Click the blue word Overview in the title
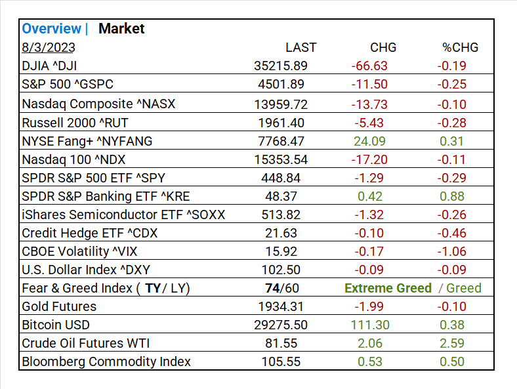pos(52,29)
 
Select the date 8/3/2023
pos(49,47)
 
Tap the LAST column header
pos(300,47)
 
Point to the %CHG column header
pos(460,47)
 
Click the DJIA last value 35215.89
pos(281,66)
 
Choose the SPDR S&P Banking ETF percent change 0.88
pos(453,196)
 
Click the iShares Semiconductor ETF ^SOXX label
pos(123,215)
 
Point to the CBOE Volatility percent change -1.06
pos(451,251)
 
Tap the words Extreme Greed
pos(388,288)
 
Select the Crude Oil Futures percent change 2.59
pos(453,343)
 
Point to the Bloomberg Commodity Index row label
pos(106,361)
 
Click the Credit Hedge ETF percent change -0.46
pos(451,233)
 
